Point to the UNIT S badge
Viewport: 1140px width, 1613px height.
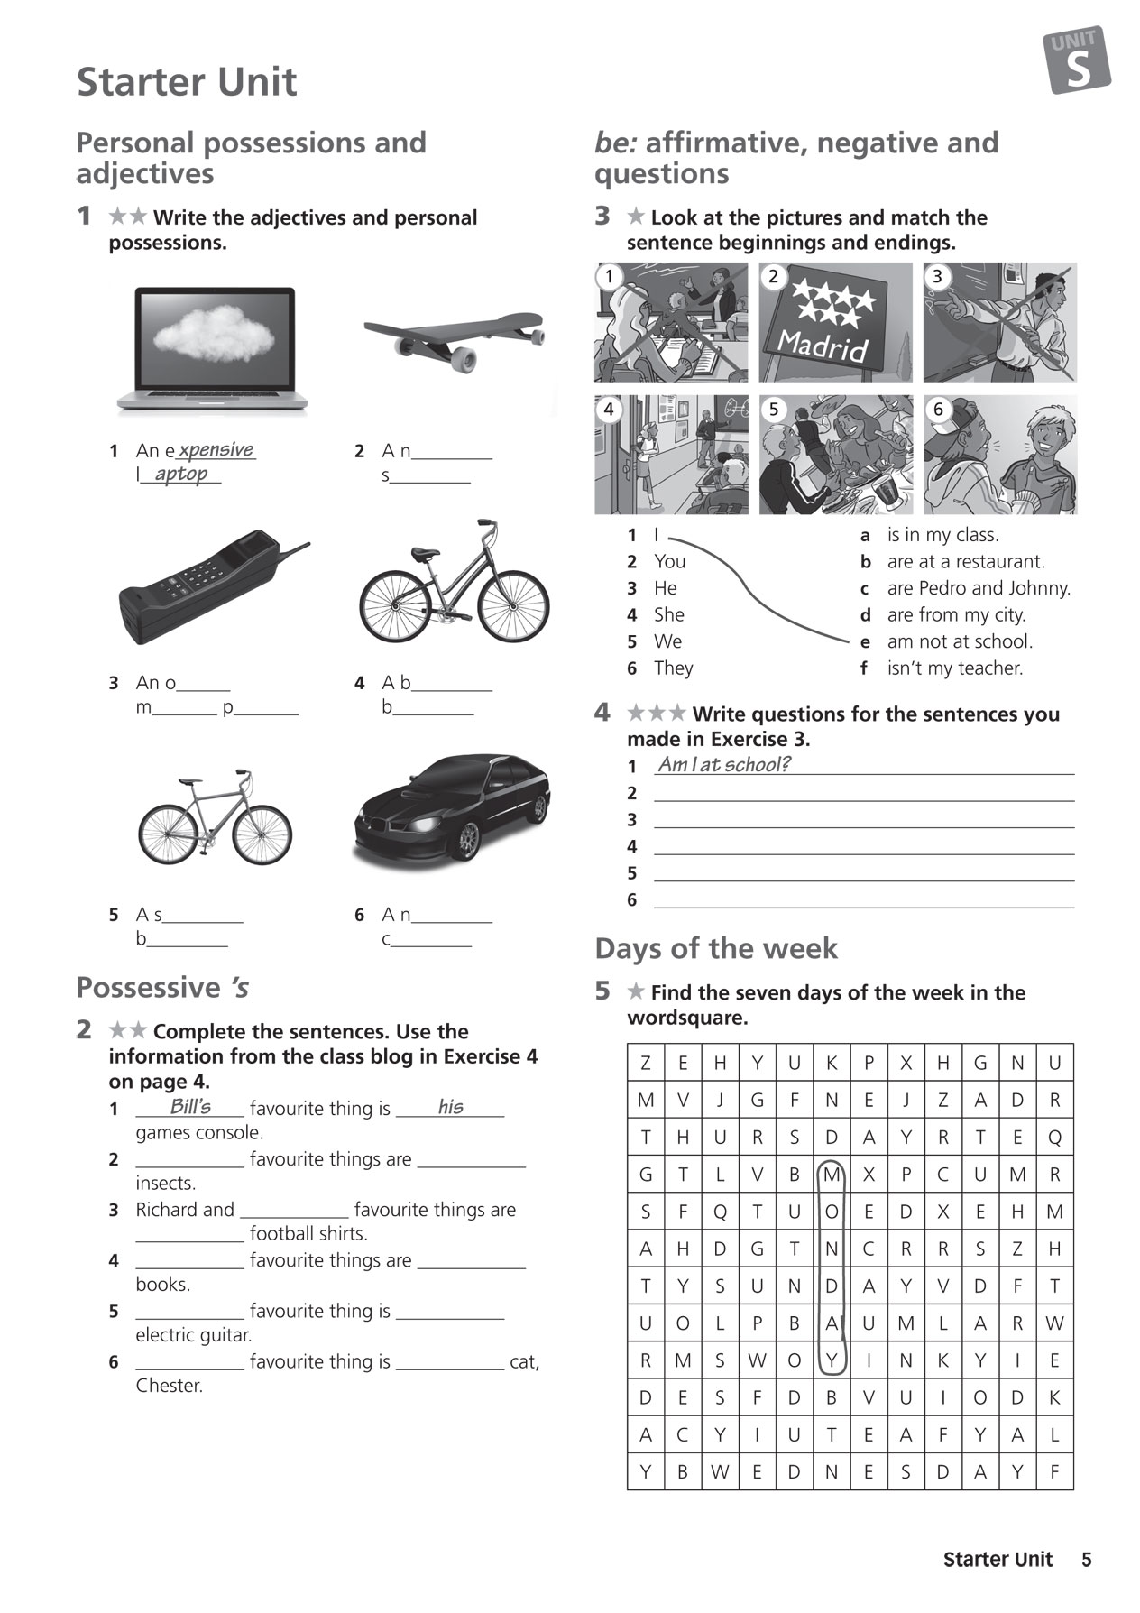[1077, 60]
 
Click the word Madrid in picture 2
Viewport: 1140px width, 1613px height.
[822, 345]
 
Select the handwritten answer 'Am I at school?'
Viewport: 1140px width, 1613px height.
[723, 765]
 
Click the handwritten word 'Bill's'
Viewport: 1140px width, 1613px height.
[190, 1107]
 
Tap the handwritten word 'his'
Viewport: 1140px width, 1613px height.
[450, 1107]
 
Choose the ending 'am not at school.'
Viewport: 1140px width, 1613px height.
[960, 641]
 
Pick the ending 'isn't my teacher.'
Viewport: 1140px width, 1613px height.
[954, 668]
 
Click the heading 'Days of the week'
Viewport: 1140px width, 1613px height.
[715, 949]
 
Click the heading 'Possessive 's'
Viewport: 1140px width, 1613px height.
[162, 988]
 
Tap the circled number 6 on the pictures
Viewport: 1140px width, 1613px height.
[938, 410]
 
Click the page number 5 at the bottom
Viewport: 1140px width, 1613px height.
[1086, 1560]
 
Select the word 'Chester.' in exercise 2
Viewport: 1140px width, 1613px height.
[170, 1386]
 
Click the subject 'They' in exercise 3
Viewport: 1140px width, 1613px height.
[673, 668]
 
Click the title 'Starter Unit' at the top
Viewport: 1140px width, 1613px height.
[187, 82]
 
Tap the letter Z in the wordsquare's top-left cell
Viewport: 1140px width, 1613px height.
[646, 1063]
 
